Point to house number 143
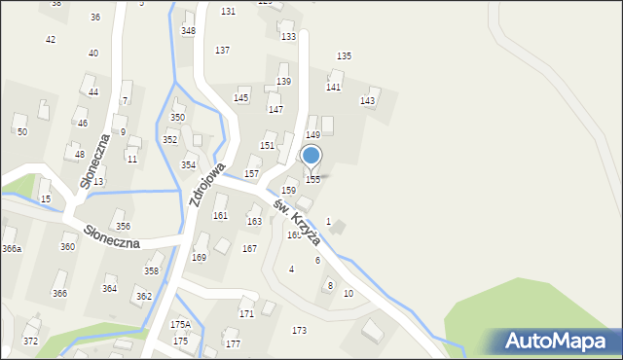pos(367,101)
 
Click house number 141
pos(333,88)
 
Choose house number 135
pos(344,56)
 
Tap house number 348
pos(188,31)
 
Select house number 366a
pos(12,249)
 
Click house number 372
pos(30,342)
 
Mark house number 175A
pos(181,324)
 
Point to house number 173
pos(300,331)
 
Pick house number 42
pos(51,39)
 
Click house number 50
pos(21,131)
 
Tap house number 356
pos(123,227)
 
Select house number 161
pos(220,216)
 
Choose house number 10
pos(348,294)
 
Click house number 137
pos(222,50)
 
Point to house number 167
pos(249,249)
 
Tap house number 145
pos(241,98)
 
